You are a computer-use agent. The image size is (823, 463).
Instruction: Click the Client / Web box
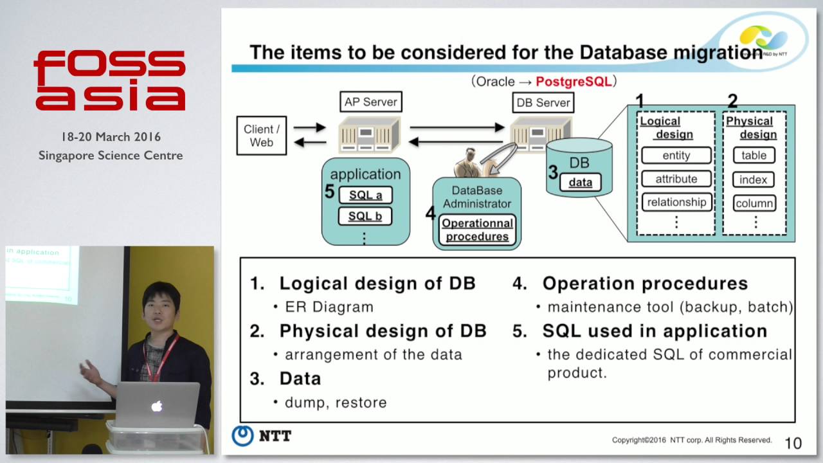tap(261, 136)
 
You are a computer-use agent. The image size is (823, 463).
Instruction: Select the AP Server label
tap(370, 102)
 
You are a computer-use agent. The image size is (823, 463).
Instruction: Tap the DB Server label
tap(543, 102)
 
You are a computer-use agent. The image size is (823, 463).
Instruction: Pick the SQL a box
tap(365, 195)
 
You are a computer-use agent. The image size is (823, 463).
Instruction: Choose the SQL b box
tap(365, 216)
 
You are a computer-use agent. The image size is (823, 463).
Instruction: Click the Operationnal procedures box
tap(477, 230)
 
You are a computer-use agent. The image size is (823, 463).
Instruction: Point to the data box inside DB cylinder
tap(580, 182)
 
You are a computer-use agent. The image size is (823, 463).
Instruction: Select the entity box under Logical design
tap(676, 156)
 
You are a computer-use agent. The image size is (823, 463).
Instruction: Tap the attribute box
tap(676, 179)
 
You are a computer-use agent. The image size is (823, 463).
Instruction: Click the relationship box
tap(676, 202)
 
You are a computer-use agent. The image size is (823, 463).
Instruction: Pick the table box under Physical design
tap(754, 156)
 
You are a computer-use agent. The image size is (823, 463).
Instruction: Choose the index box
tap(754, 179)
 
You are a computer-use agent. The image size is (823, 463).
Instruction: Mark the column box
tap(754, 203)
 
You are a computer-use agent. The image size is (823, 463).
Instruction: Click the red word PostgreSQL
tap(574, 82)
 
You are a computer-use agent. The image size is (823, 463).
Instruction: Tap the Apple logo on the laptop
tap(156, 406)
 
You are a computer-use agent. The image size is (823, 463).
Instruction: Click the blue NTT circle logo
tap(242, 435)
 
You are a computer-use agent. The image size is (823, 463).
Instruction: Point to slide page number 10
tap(793, 443)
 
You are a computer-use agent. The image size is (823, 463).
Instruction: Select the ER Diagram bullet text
tap(329, 307)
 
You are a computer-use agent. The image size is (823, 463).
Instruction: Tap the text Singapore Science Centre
tap(111, 156)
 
